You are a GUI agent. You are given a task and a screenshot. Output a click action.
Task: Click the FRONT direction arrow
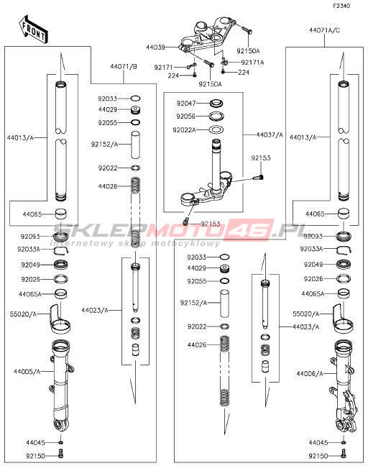pyautogui.click(x=33, y=30)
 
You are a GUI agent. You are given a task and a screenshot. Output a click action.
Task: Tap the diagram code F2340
pyautogui.click(x=341, y=6)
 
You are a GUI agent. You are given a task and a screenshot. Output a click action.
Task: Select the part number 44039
pyautogui.click(x=155, y=47)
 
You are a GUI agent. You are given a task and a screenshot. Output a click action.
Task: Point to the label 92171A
pyautogui.click(x=252, y=63)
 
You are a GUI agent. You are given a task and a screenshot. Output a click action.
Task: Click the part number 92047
pyautogui.click(x=186, y=104)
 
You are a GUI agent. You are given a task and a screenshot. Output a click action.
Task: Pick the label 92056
pyautogui.click(x=186, y=116)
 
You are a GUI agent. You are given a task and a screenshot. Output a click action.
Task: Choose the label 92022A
pyautogui.click(x=185, y=130)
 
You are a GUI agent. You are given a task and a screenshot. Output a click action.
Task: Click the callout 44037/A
pyautogui.click(x=270, y=135)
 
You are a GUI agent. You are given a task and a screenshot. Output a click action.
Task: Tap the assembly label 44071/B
pyautogui.click(x=124, y=66)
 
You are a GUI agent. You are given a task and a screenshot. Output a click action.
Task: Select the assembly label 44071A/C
pyautogui.click(x=324, y=30)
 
